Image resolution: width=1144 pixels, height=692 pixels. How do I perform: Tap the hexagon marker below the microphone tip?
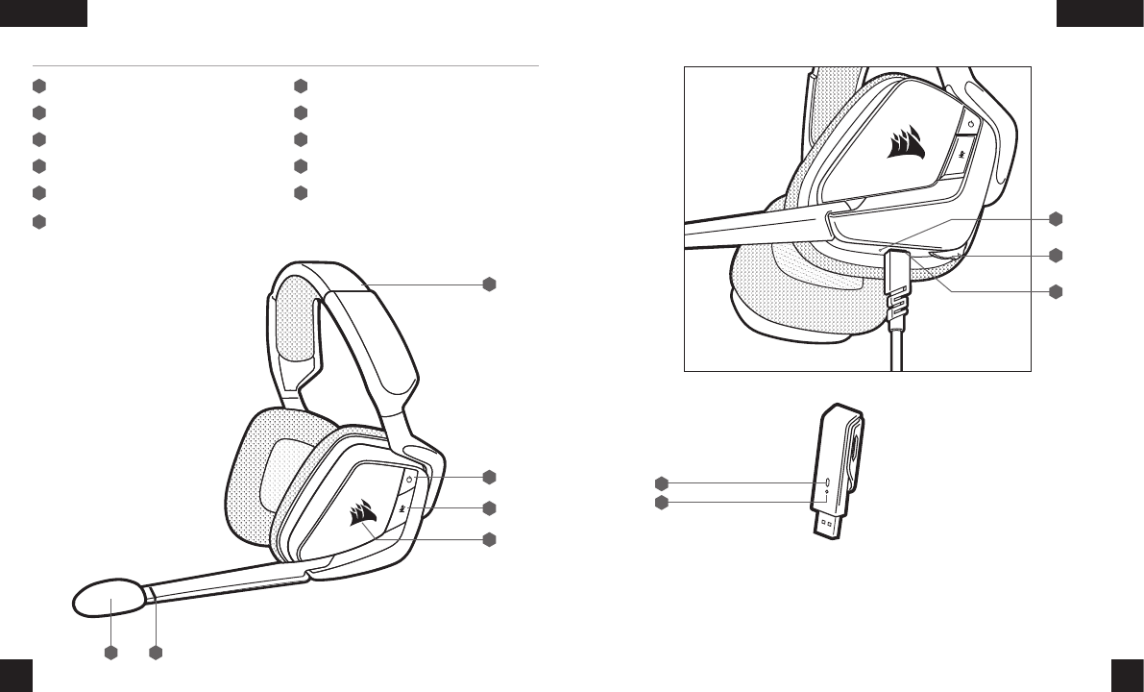(x=110, y=654)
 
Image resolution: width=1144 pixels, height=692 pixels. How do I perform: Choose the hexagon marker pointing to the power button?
(x=489, y=476)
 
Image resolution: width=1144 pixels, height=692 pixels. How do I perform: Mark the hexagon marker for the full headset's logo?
(x=489, y=539)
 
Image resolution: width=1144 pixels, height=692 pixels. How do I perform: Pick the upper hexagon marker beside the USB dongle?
(x=660, y=482)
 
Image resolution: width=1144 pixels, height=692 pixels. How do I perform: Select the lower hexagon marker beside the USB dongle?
(x=660, y=503)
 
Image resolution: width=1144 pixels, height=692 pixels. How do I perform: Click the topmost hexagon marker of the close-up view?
(x=1056, y=218)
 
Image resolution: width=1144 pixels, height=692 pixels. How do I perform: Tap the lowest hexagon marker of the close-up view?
(x=1056, y=290)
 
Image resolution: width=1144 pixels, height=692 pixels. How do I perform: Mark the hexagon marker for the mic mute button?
(x=489, y=507)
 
